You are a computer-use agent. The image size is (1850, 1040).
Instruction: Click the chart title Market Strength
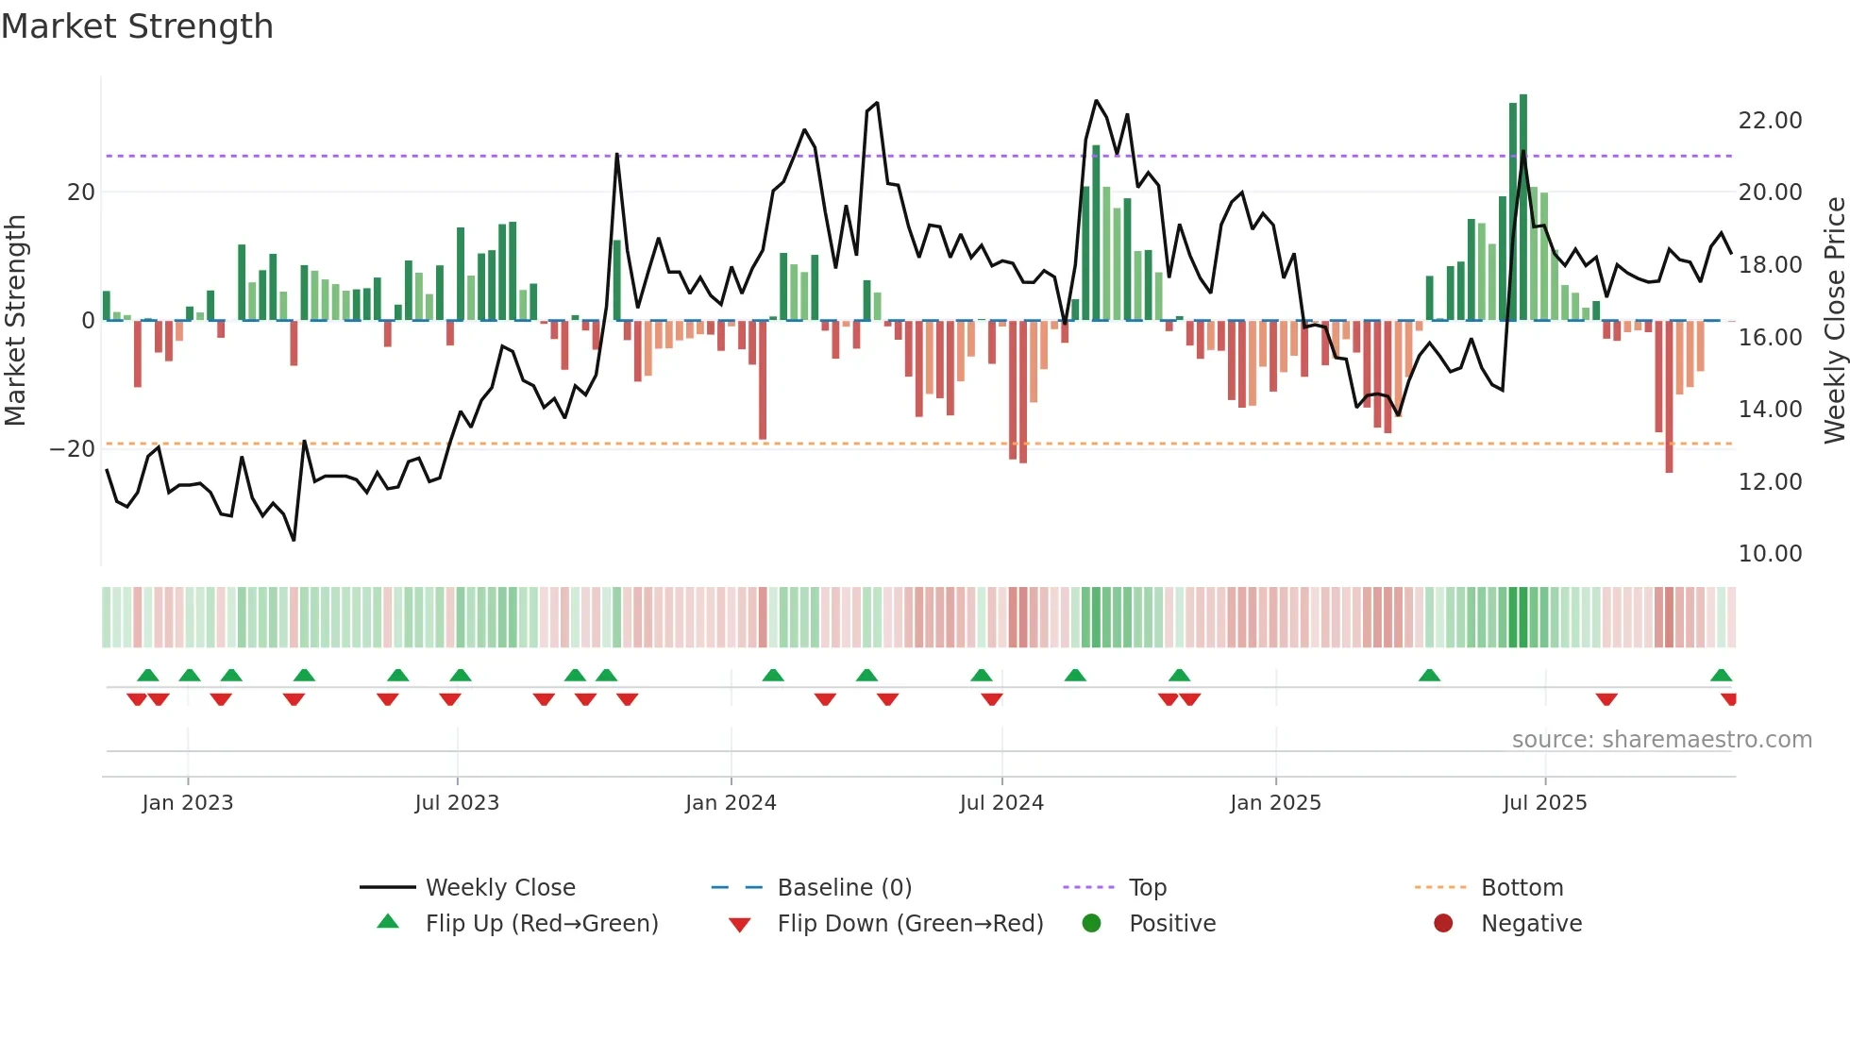tap(137, 26)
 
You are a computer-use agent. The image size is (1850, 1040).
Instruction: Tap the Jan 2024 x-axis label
tap(731, 803)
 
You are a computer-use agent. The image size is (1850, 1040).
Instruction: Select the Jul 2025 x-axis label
tap(1544, 803)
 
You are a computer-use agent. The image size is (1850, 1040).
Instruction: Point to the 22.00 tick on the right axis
tap(1770, 121)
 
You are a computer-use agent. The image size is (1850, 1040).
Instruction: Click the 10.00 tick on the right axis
tap(1770, 554)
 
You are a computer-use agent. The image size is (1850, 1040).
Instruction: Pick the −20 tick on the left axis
tap(73, 449)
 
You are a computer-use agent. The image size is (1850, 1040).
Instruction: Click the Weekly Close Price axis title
tap(1834, 321)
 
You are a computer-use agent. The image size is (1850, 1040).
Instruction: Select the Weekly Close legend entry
tap(499, 888)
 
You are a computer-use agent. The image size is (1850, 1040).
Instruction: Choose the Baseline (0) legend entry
tap(844, 888)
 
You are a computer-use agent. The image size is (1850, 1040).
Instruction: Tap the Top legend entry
tap(1147, 888)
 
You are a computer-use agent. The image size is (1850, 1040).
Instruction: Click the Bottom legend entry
tap(1522, 888)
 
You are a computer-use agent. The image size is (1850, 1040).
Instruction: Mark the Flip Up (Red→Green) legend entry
tap(541, 924)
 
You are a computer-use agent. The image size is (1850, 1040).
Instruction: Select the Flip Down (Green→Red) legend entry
tap(910, 924)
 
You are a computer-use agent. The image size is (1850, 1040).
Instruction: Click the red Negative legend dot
tap(1443, 924)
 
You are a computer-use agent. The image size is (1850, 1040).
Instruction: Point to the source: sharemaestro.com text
tap(1661, 740)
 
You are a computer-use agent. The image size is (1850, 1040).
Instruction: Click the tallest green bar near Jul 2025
tap(1523, 208)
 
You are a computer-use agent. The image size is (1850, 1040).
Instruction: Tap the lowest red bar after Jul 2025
tap(1669, 396)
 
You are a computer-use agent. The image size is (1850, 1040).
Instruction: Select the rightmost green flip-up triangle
tap(1721, 676)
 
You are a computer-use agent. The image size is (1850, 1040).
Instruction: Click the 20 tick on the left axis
tap(81, 193)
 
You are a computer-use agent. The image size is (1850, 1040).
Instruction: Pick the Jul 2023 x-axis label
tap(457, 803)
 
